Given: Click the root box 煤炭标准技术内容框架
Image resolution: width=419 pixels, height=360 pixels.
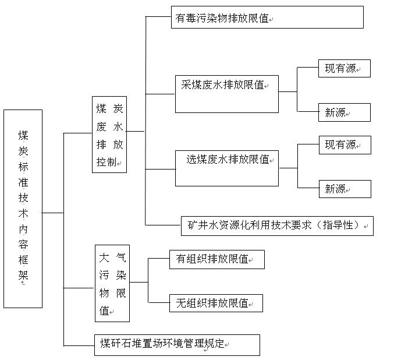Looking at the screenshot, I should click(x=23, y=208).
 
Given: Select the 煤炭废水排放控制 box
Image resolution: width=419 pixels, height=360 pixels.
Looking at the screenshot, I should click(x=109, y=135).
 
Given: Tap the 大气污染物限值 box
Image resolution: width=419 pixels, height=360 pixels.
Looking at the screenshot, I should click(x=112, y=283).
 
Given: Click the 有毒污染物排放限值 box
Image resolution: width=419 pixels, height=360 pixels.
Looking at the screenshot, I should click(x=267, y=17).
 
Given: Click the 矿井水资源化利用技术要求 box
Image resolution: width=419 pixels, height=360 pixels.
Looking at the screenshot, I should click(x=276, y=225).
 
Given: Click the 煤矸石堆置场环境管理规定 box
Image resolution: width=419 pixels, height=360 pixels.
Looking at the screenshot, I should click(x=177, y=345).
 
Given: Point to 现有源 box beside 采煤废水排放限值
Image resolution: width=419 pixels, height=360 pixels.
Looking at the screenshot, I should click(x=344, y=69).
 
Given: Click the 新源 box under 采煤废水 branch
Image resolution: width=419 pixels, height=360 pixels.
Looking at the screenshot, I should click(x=344, y=112).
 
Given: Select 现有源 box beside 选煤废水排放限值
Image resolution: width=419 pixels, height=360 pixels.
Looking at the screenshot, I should click(x=344, y=145).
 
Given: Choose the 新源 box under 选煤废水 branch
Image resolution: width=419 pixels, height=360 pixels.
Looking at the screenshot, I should click(x=344, y=189).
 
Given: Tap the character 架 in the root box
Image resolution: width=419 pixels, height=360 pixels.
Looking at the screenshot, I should click(x=23, y=275).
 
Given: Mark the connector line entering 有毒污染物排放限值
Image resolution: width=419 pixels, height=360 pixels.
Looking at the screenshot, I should click(x=158, y=17).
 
